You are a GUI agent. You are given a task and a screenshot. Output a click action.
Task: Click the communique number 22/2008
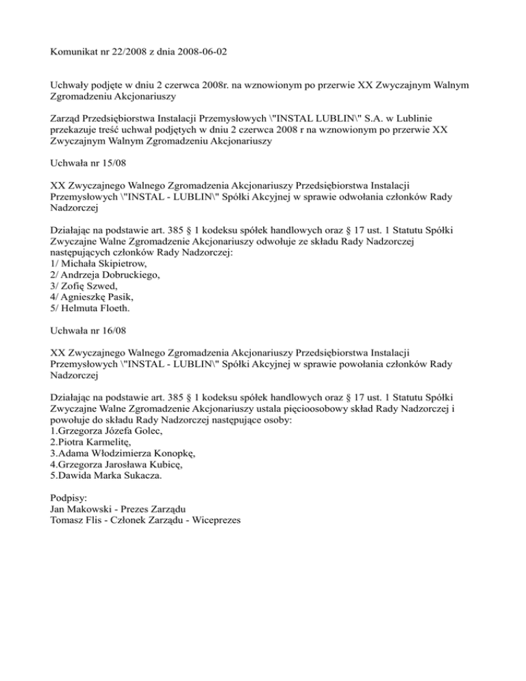tap(125, 51)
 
